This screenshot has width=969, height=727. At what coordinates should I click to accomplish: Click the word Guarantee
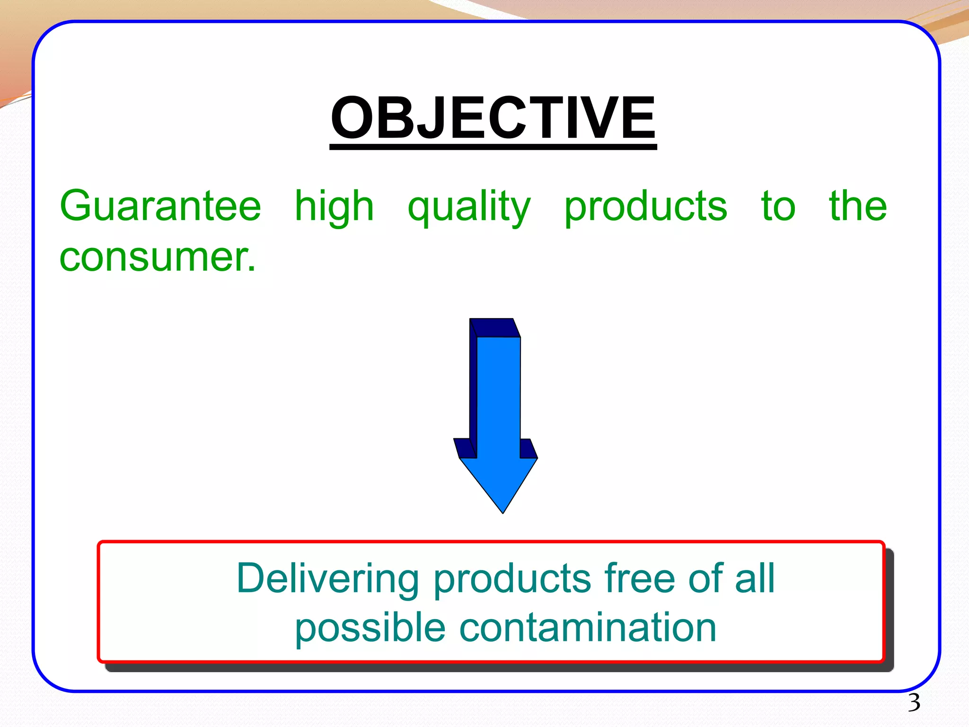[x=160, y=206]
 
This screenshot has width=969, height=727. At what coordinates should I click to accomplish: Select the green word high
[x=334, y=207]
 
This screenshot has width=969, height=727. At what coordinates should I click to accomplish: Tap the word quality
[x=469, y=207]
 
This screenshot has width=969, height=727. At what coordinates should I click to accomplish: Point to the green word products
[x=645, y=207]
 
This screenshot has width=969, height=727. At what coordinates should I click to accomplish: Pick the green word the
[x=858, y=206]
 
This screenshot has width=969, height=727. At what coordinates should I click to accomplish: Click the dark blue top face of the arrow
[x=494, y=328]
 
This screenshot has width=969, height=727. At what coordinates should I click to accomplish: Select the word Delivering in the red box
[x=327, y=578]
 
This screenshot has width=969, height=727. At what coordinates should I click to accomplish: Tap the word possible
[x=370, y=629]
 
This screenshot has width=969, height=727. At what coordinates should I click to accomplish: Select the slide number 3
[x=914, y=702]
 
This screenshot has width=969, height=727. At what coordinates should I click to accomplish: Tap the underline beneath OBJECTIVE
[x=493, y=147]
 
